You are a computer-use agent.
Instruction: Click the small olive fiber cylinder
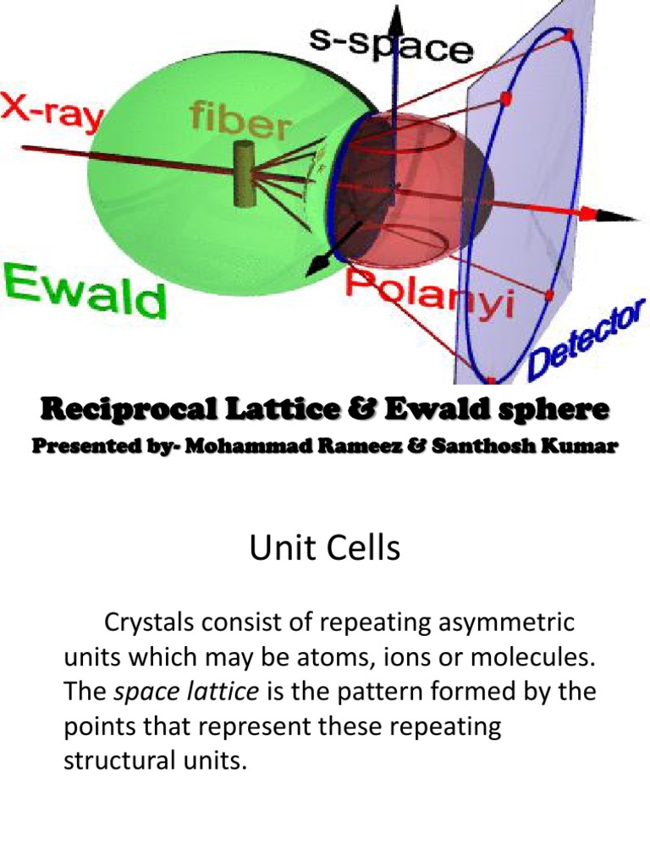(x=245, y=174)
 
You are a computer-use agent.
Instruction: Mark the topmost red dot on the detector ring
(x=568, y=35)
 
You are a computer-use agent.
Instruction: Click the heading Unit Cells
(x=324, y=551)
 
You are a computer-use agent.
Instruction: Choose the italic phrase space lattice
(x=186, y=692)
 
